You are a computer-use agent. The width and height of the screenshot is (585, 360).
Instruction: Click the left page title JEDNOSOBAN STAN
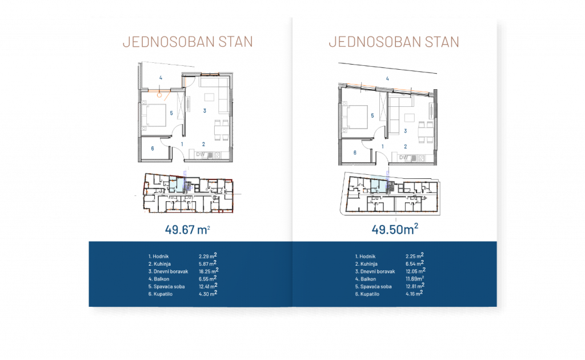coord(187,42)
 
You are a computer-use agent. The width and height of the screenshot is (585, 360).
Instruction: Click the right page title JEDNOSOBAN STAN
coord(394,42)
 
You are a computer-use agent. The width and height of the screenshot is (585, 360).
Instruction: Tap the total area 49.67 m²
coord(187,229)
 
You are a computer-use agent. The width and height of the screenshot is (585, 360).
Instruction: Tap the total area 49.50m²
coord(395,229)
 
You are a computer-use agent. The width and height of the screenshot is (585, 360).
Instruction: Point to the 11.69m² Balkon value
coord(415,278)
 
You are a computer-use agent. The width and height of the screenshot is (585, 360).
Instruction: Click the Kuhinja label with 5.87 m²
coord(159,264)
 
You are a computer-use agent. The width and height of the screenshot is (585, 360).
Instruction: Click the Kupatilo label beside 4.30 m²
coord(160,294)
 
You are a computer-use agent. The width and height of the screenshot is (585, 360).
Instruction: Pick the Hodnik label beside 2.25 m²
coord(365,257)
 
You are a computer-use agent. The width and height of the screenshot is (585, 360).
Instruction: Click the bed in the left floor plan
coord(154,115)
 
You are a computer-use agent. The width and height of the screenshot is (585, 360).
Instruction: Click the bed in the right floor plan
coord(355,117)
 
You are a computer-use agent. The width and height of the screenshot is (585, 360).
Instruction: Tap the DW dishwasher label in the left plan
coord(201,154)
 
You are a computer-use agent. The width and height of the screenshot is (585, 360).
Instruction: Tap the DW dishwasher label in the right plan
coord(403,158)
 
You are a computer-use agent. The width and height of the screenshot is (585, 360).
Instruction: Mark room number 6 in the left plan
coord(152,149)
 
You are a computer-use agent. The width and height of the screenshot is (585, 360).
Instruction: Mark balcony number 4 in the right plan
coord(388,79)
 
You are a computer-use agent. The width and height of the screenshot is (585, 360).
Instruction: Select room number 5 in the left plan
coord(171,113)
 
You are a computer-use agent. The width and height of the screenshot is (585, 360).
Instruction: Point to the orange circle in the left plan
coord(159,95)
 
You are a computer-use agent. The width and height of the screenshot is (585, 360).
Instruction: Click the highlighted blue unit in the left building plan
coord(177,185)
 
